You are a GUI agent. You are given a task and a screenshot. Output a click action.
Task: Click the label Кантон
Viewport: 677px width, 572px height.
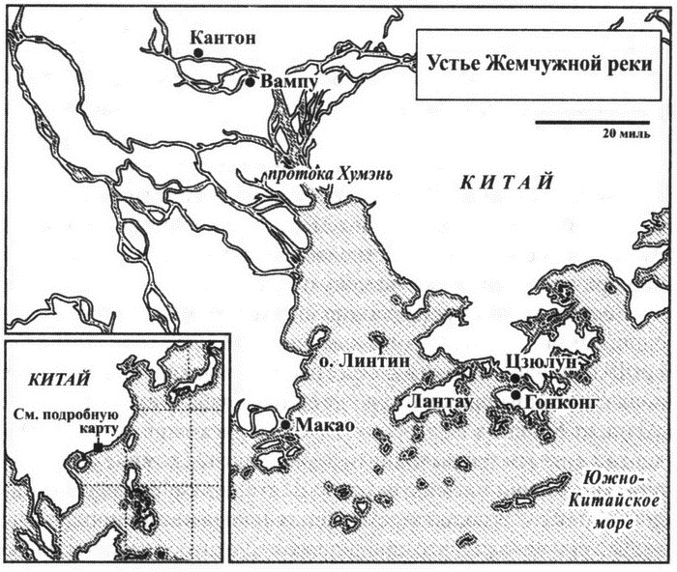pos(224,38)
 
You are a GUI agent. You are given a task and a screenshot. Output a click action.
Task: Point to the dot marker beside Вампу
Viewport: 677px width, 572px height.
pos(250,83)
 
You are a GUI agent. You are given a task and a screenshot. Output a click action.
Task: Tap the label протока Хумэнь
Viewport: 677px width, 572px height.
pos(309,174)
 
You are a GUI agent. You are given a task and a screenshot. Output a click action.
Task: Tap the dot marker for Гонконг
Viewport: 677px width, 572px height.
pos(515,395)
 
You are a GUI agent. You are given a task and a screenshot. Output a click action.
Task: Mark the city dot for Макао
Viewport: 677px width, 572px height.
pos(286,425)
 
